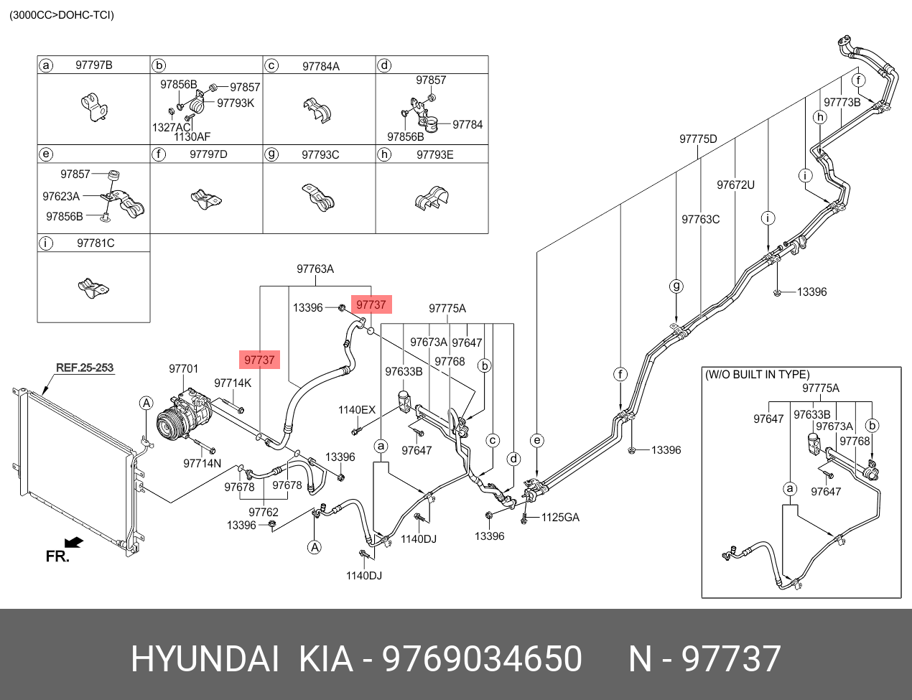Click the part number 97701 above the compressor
point(183,368)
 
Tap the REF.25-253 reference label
point(85,368)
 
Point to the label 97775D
point(698,139)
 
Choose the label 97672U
point(735,185)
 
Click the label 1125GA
point(560,517)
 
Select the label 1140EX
point(357,410)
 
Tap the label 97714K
point(233,383)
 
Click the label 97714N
point(203,464)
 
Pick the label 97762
point(264,512)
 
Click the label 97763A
point(315,269)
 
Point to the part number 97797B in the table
point(94,65)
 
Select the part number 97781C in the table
point(96,243)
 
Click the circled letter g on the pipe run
point(676,287)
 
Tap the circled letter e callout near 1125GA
point(537,440)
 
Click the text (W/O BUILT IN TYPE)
point(757,375)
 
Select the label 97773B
point(842,103)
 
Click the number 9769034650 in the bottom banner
point(482,658)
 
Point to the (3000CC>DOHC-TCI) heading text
point(61,15)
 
